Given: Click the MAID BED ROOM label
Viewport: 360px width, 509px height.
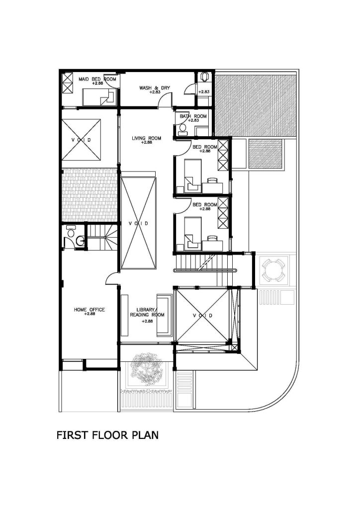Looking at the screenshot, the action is tap(97, 79).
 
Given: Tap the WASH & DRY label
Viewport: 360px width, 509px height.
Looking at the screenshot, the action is tap(155, 88).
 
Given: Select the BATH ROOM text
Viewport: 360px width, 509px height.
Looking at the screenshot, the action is tap(193, 116).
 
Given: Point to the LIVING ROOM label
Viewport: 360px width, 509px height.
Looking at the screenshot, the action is tap(146, 138).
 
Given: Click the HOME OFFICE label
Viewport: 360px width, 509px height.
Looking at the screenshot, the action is tap(90, 310).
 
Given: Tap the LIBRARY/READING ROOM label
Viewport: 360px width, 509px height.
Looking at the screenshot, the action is tap(147, 312).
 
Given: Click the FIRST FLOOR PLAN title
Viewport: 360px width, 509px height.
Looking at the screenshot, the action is tap(107, 435).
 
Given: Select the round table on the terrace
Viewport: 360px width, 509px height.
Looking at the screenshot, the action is tap(273, 270).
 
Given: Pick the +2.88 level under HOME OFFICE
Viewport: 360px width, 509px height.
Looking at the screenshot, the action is tap(90, 314).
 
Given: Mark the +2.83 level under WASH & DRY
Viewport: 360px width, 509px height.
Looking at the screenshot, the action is tap(155, 92).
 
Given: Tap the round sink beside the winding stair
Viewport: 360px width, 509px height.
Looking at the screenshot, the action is tap(80, 241).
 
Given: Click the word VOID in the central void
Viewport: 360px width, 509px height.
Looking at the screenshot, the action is tap(139, 223).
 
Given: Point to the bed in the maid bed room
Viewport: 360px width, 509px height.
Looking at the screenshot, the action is tap(98, 97).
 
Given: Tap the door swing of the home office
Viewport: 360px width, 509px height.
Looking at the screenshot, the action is tap(111, 277).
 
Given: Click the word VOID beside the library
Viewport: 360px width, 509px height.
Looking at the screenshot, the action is tap(202, 316).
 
